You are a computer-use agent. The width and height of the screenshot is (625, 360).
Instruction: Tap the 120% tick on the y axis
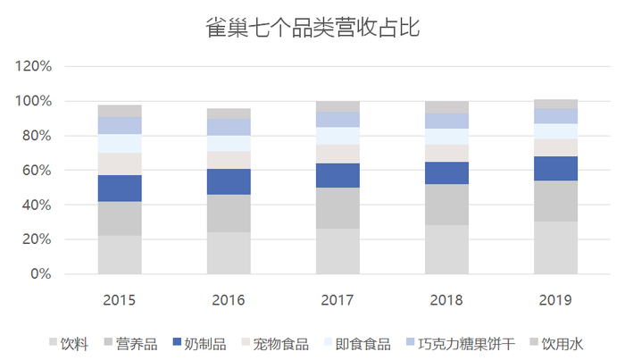point(35,66)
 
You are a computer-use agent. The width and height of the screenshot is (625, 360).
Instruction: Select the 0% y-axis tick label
point(42,274)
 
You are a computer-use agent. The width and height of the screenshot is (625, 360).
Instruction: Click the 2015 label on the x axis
point(120,300)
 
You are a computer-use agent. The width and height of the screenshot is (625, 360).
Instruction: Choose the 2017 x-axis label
point(337,300)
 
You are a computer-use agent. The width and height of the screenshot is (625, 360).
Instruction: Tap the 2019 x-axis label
point(555,300)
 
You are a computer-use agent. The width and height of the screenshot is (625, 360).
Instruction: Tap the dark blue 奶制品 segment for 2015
point(120,188)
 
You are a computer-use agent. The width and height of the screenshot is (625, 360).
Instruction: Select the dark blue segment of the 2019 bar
point(555,168)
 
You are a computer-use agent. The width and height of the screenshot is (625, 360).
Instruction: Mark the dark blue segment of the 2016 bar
point(229,181)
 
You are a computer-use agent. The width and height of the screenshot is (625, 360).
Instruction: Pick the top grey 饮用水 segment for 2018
point(446,107)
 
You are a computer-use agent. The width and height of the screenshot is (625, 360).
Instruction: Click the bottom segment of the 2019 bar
point(555,247)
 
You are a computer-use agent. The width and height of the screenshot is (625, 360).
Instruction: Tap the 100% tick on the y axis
point(35,101)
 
